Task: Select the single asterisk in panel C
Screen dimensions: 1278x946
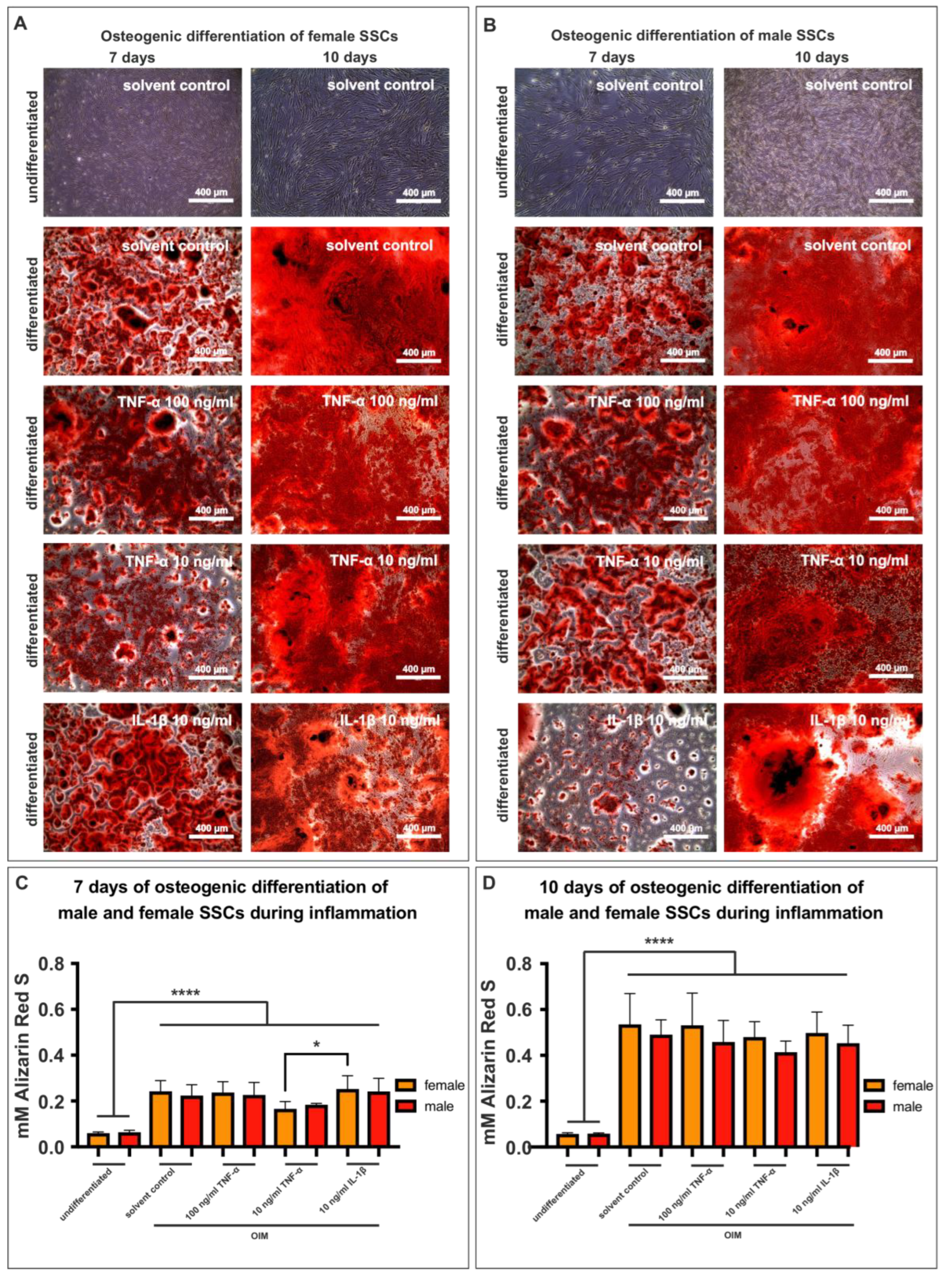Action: (317, 1044)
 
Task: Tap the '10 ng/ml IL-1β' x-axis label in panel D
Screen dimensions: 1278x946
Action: (816, 1195)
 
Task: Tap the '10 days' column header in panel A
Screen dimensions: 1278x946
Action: (349, 57)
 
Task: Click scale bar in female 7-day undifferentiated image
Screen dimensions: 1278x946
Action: (210, 201)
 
